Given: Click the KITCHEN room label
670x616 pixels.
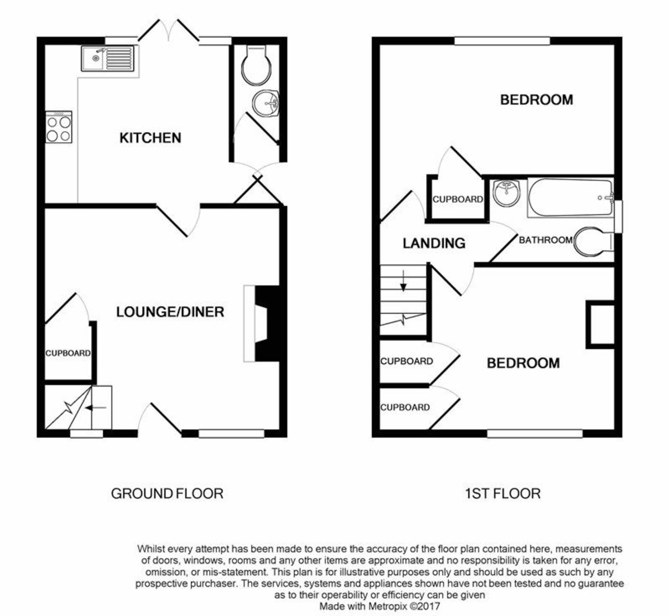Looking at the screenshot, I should (x=150, y=138).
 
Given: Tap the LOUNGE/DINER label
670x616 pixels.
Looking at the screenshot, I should (x=170, y=312).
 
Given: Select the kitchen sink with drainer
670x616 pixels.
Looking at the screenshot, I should (x=107, y=59).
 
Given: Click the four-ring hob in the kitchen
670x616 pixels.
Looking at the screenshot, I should (x=59, y=127).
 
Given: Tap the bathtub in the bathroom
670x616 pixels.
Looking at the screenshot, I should (x=569, y=198).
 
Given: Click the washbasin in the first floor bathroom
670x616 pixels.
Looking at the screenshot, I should (x=507, y=192).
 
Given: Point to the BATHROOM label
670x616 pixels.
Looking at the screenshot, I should (x=545, y=240).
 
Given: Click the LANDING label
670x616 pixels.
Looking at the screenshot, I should (x=434, y=243).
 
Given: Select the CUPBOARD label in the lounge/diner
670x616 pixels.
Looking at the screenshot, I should (x=68, y=353).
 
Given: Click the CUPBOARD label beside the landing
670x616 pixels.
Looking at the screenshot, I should (x=457, y=199).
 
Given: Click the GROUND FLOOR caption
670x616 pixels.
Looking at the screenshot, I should (x=167, y=494).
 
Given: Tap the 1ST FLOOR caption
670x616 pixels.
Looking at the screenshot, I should (x=502, y=494).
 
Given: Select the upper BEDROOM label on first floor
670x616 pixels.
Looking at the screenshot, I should (x=536, y=100).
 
